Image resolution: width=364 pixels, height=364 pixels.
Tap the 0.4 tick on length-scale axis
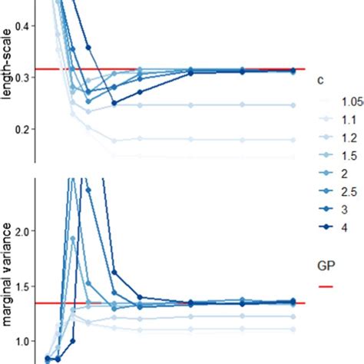(x=23, y=26)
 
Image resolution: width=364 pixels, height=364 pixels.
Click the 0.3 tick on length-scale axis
(x=23, y=78)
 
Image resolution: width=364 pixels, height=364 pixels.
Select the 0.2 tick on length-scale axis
(x=23, y=129)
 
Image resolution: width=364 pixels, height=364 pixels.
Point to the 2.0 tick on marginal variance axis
(x=23, y=231)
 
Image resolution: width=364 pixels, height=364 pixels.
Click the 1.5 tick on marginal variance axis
(x=23, y=286)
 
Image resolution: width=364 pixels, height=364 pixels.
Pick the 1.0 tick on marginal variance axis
(x=23, y=340)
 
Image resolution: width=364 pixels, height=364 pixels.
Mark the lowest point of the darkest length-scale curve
(x=114, y=103)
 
